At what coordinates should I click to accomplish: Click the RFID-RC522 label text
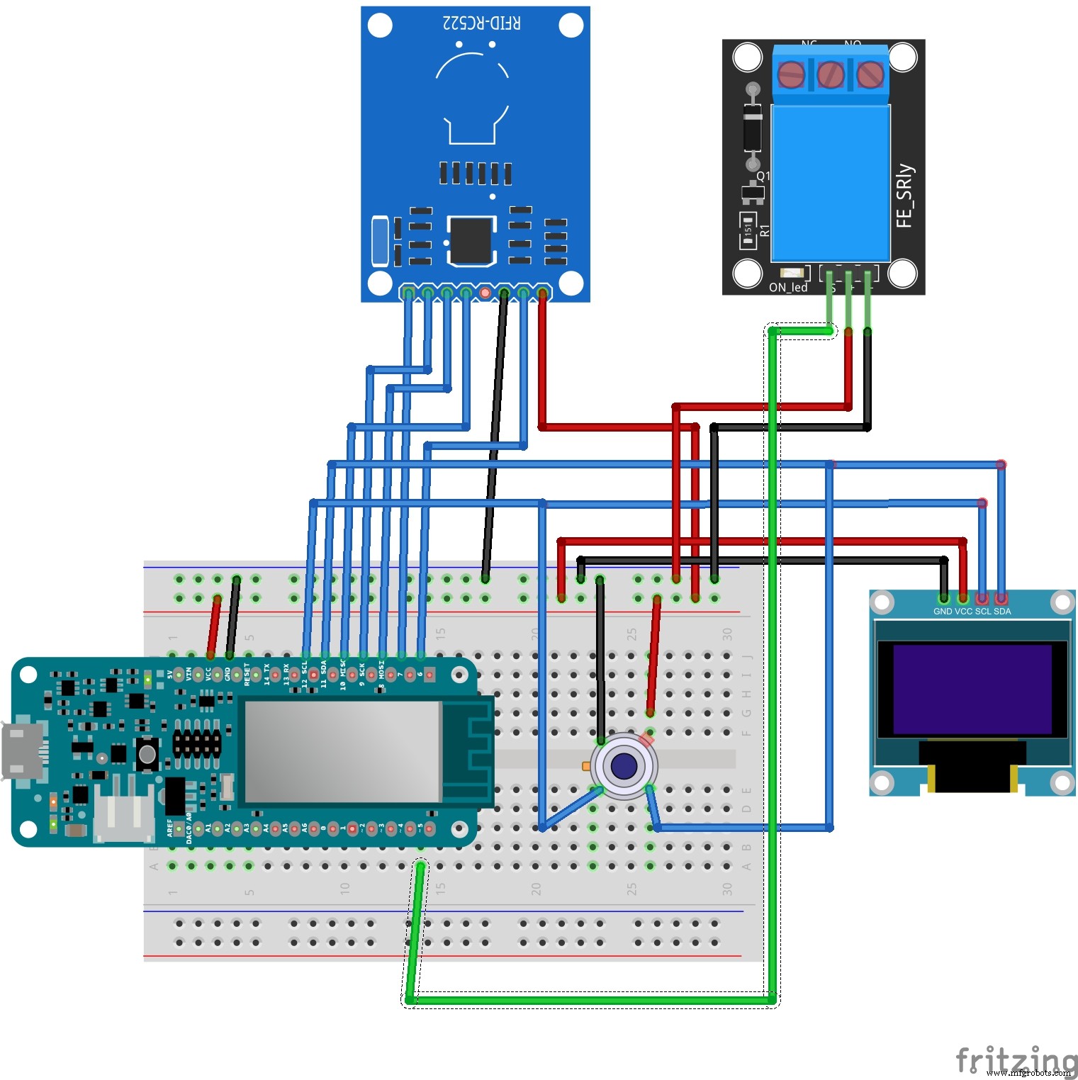tap(481, 23)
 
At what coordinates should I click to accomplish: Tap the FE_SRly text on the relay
tap(904, 196)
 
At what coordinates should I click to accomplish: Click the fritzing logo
tap(1015, 1060)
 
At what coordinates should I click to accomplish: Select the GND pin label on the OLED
tap(943, 612)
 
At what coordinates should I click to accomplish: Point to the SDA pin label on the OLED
tap(1002, 612)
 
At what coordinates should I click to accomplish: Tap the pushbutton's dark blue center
tap(624, 766)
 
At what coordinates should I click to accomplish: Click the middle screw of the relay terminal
tap(830, 74)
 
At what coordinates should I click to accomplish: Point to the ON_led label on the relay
tap(787, 288)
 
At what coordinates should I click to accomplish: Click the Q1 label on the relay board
tap(763, 176)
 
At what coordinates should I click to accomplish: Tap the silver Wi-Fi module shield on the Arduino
tap(342, 751)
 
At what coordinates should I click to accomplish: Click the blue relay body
tap(830, 183)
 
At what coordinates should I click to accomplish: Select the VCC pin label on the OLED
tap(963, 612)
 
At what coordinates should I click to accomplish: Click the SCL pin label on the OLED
tap(983, 612)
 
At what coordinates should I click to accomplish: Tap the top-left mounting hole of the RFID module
tap(381, 26)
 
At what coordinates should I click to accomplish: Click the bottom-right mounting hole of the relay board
tap(902, 274)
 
